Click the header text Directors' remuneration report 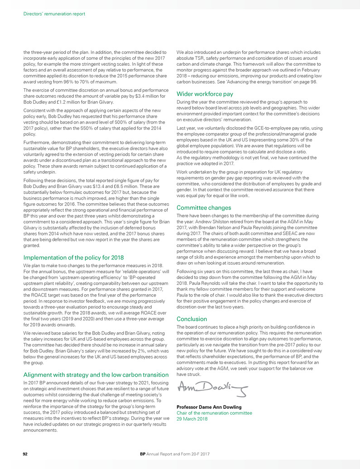coord(54,14)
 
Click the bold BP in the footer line coord(143,453)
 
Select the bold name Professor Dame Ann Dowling coord(209,407)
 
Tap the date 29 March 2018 coord(192,419)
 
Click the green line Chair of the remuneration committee coord(214,413)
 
